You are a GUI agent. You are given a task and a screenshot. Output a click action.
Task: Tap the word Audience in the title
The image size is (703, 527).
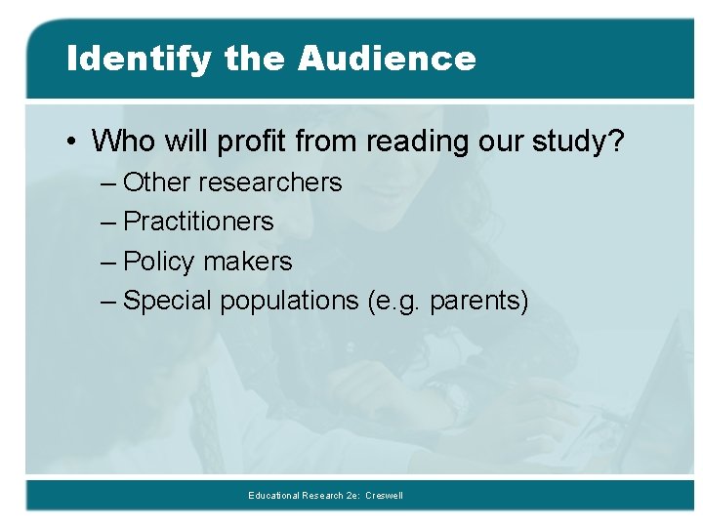387,59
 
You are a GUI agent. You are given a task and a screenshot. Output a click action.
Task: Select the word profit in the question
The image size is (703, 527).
252,142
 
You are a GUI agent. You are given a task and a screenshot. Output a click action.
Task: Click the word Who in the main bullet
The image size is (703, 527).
122,142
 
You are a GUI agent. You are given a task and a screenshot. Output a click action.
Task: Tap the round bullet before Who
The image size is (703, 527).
72,142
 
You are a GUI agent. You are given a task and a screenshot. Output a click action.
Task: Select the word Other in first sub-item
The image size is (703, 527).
158,182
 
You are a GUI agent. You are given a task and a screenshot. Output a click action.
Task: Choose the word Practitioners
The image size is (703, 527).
199,222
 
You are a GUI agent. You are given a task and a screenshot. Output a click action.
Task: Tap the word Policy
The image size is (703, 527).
159,262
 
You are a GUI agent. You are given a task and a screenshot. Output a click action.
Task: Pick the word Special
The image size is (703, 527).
168,301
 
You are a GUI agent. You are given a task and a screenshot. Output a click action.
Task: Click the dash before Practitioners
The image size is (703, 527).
108,223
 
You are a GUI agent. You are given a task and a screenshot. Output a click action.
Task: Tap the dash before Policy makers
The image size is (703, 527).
108,263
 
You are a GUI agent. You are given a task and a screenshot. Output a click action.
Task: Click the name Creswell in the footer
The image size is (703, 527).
384,496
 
